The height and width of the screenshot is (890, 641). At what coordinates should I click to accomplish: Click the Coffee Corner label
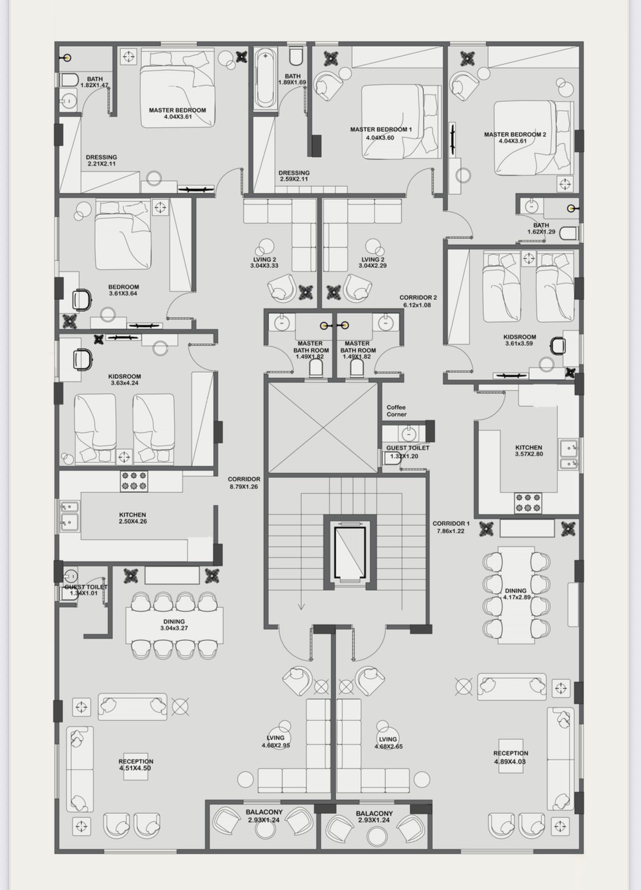coord(396,411)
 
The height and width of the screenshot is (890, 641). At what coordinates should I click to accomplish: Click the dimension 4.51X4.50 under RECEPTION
coord(136,768)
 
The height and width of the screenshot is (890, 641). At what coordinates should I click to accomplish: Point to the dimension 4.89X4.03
coord(511,761)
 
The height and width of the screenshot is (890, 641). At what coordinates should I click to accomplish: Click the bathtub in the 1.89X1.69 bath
coord(265,78)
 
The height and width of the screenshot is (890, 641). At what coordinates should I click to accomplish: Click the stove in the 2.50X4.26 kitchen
coord(134,481)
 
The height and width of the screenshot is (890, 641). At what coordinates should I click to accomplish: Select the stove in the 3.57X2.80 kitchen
coord(528,503)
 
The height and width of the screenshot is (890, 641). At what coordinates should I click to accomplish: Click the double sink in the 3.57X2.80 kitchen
coord(569,454)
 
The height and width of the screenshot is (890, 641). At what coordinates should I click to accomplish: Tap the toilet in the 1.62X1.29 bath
coord(569,233)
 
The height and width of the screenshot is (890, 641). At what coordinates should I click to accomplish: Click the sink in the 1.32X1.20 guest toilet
coord(409,434)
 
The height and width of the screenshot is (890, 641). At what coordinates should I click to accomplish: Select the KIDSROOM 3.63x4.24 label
coord(124,379)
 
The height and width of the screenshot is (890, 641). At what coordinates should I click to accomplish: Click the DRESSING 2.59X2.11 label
coord(293,175)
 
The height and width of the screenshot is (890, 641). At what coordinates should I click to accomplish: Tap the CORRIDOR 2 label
coord(418,301)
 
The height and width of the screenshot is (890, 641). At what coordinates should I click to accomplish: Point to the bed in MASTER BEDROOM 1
coord(401,121)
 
